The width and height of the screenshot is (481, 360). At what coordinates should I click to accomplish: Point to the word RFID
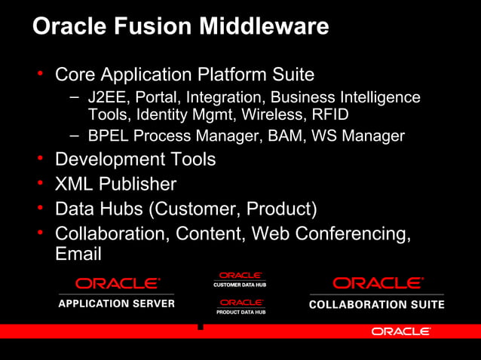coord(329,115)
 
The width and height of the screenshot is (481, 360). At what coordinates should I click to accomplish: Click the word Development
coord(114,160)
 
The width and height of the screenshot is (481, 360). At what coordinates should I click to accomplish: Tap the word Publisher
coord(139,184)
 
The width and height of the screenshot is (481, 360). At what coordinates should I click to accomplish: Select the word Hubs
coord(121,208)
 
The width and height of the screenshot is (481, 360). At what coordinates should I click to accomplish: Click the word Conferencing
coord(349,233)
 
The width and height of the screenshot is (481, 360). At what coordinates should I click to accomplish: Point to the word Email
coord(78,255)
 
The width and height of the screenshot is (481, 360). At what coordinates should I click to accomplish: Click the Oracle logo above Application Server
coord(117,283)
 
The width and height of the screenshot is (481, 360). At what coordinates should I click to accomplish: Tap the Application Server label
coord(117,304)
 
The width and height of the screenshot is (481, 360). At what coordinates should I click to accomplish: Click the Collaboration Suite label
coord(377,304)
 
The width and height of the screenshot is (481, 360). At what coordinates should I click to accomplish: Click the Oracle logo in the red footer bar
coord(401,331)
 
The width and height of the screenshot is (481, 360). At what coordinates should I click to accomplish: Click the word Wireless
coord(274,115)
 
